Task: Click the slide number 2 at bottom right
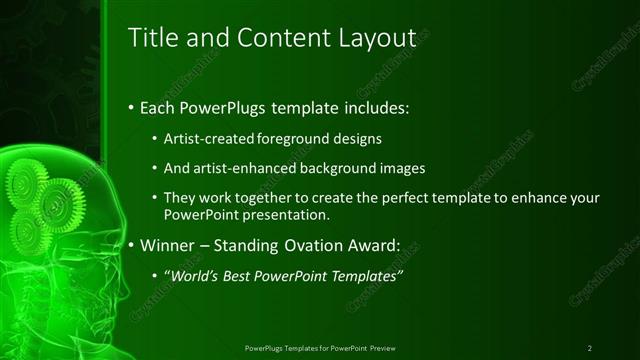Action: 590,348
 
